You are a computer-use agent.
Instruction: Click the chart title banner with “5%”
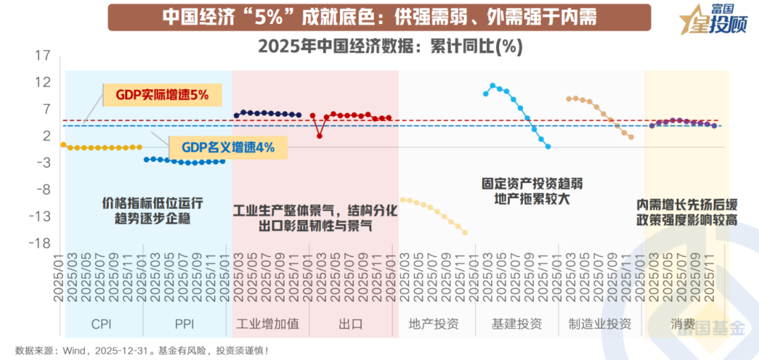(379, 17)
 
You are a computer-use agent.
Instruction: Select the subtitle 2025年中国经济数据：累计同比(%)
(390, 46)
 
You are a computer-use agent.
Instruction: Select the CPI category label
(101, 324)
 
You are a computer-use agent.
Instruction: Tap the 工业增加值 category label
(267, 324)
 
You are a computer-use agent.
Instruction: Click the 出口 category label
(350, 324)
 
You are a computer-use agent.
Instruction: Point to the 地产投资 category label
(434, 324)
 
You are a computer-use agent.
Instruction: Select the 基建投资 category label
(517, 324)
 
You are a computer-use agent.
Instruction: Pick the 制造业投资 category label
(599, 324)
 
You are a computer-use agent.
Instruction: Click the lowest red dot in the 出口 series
(320, 136)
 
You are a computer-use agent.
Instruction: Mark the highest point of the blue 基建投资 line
(493, 85)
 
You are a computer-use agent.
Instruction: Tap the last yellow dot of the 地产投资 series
(465, 233)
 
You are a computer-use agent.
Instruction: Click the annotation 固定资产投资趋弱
(532, 184)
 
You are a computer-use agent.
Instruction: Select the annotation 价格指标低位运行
(153, 203)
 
